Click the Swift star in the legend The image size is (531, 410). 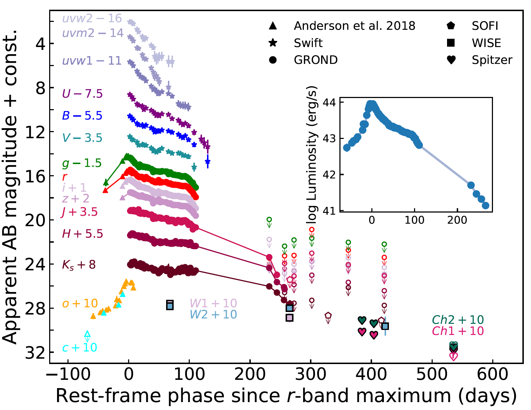coord(273,43)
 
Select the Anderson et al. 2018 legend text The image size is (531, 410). coord(354,26)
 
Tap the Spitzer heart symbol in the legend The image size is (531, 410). coord(451,60)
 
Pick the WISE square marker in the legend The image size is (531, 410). coord(451,43)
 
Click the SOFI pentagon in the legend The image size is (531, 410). coord(451,26)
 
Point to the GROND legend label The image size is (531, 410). coord(316,60)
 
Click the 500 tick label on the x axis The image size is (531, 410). coord(432,374)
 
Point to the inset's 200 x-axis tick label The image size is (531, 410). coord(457,220)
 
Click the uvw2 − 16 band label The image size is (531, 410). coord(92,18)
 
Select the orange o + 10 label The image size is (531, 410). coord(80,303)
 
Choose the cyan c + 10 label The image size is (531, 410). coord(80,348)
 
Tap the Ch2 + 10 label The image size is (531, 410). coord(458,320)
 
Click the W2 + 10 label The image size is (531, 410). coord(213,315)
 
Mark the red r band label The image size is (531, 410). coord(65,177)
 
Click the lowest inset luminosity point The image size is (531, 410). coord(485,205)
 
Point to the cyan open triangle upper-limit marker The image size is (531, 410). coord(87,335)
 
